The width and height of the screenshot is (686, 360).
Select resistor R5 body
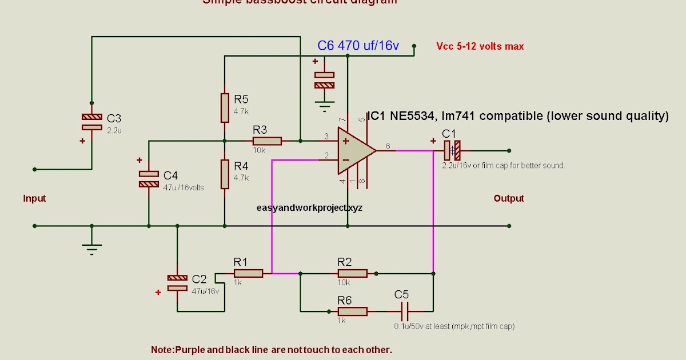(225, 108)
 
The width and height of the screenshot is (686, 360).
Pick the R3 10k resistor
(267, 141)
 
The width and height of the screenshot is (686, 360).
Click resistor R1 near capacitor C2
(248, 274)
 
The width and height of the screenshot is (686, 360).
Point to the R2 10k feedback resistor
(352, 274)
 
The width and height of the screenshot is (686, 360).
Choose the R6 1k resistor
(352, 311)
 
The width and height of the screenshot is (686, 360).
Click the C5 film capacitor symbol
(405, 311)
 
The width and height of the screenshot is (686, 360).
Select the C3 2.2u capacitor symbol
(91, 121)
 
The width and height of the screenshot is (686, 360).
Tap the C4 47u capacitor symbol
(149, 179)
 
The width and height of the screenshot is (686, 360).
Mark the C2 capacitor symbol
(177, 282)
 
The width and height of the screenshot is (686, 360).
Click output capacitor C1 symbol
(452, 151)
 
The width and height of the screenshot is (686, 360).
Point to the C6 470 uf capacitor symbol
(325, 80)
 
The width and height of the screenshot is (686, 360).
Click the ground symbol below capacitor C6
(325, 106)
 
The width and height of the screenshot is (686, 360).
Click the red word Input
(34, 199)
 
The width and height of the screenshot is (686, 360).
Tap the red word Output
(508, 199)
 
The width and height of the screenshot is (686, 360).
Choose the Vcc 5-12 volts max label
(480, 47)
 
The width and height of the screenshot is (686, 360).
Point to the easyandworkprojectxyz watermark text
(309, 209)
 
